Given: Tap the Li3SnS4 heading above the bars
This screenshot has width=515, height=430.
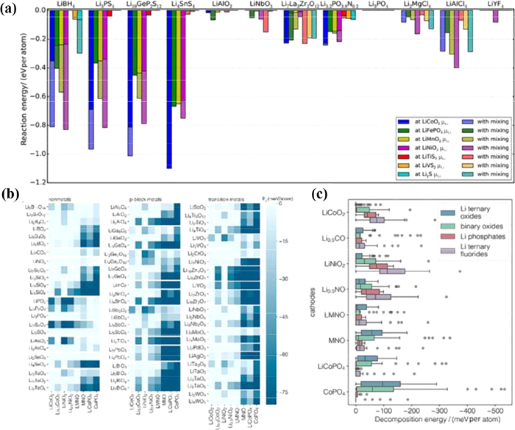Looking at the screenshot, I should pyautogui.click(x=180, y=5).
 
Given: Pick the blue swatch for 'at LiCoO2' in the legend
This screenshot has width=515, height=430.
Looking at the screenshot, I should pyautogui.click(x=401, y=120).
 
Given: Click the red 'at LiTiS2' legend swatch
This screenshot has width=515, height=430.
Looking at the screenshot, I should pyautogui.click(x=401, y=156).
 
